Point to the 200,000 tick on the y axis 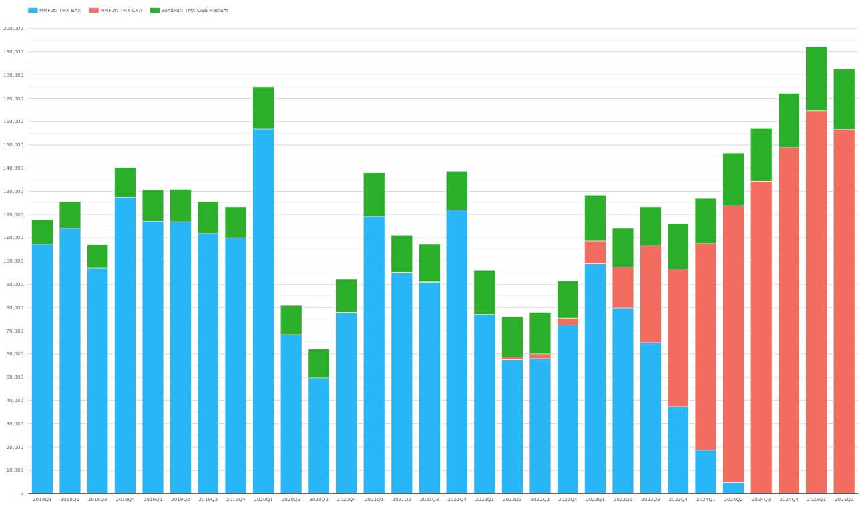(13, 29)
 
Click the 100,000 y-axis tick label (13, 261)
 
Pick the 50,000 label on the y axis (15, 377)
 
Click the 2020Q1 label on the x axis (263, 499)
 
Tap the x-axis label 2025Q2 (844, 499)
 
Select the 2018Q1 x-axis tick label (42, 499)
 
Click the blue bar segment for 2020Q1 (263, 311)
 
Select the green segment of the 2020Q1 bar (263, 108)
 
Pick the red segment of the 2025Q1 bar (816, 301)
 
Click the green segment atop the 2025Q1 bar (816, 79)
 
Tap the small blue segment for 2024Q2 (733, 488)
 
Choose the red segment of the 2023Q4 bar (678, 337)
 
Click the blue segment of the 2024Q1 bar (705, 472)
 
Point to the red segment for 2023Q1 (595, 252)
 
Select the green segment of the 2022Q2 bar (512, 337)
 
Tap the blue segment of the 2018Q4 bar (125, 345)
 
